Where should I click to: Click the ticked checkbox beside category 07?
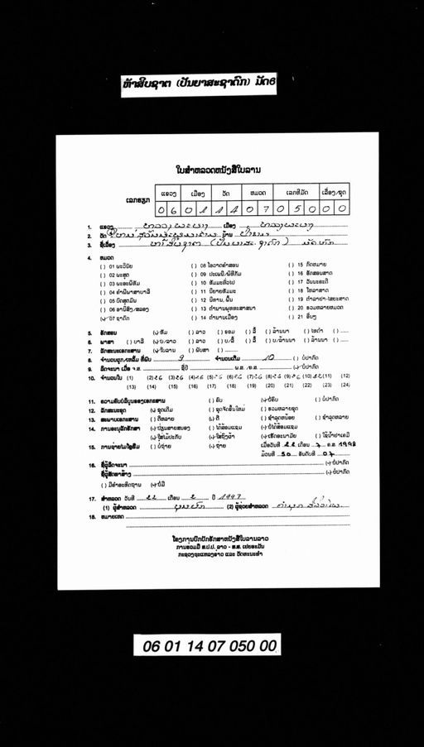104,318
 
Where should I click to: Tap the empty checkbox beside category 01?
104,266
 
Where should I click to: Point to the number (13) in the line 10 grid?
131,385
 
